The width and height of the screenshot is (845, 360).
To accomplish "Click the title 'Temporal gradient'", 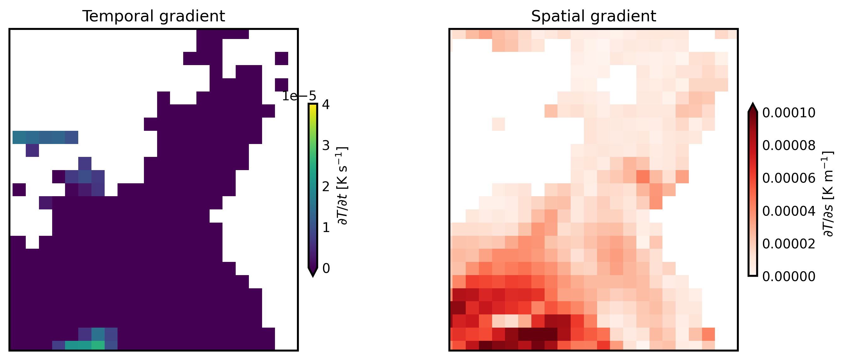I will [154, 16].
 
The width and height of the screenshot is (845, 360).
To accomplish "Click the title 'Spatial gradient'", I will [593, 16].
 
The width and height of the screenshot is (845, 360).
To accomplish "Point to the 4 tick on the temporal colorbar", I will [326, 105].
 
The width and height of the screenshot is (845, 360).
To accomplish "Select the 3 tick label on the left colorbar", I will [326, 145].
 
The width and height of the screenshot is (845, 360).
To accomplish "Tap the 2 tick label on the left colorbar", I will [326, 187].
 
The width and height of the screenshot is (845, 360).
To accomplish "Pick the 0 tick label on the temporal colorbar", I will [326, 269].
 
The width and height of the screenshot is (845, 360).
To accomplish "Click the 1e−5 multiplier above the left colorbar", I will [299, 96].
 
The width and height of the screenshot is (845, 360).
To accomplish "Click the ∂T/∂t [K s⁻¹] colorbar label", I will [343, 186].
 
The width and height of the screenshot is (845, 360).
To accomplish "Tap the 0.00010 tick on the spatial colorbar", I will [788, 113].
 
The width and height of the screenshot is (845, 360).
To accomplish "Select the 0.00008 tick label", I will [788, 145].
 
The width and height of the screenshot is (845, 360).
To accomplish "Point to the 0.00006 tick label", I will [788, 178].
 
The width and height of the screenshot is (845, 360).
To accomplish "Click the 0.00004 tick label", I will [788, 211].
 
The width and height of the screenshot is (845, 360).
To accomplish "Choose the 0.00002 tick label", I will [788, 244].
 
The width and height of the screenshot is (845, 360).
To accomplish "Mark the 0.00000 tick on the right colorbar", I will [788, 277].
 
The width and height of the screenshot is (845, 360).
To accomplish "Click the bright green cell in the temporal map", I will [98, 345].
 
